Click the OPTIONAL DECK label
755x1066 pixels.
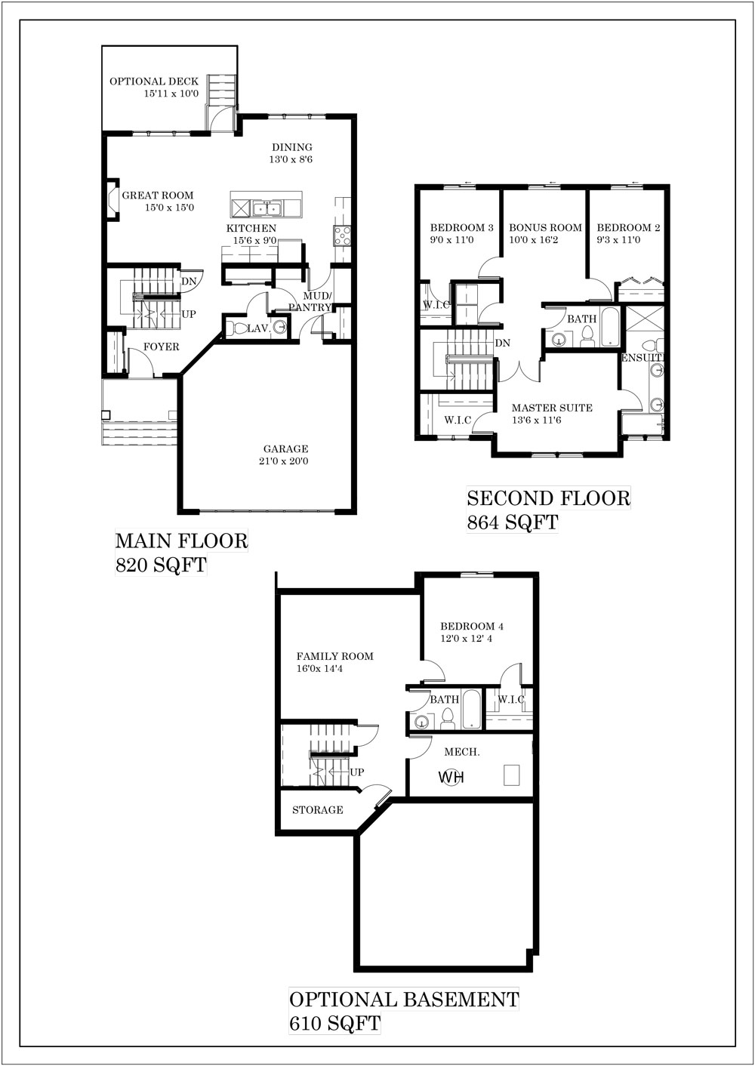(x=154, y=82)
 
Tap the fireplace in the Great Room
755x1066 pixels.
(x=112, y=200)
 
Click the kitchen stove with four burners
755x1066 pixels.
(x=342, y=235)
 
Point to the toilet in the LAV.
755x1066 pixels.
(x=236, y=328)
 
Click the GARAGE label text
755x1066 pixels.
(x=285, y=448)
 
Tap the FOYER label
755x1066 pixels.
(x=162, y=347)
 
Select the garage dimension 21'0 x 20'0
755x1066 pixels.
(x=284, y=461)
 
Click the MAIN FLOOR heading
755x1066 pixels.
(x=181, y=541)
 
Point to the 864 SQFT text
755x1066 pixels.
(x=512, y=522)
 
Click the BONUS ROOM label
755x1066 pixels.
(x=546, y=228)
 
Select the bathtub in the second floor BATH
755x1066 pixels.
(x=609, y=328)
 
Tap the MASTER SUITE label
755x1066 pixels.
(x=552, y=408)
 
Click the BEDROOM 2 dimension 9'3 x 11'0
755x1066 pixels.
(x=618, y=240)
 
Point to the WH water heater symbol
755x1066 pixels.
(x=451, y=778)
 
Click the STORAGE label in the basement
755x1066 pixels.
(x=318, y=810)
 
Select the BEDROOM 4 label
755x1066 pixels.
(x=472, y=627)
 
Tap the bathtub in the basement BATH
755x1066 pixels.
(x=471, y=709)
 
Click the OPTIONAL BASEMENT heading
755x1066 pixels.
(x=404, y=1000)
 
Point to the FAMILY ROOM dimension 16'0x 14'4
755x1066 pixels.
(x=319, y=669)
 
